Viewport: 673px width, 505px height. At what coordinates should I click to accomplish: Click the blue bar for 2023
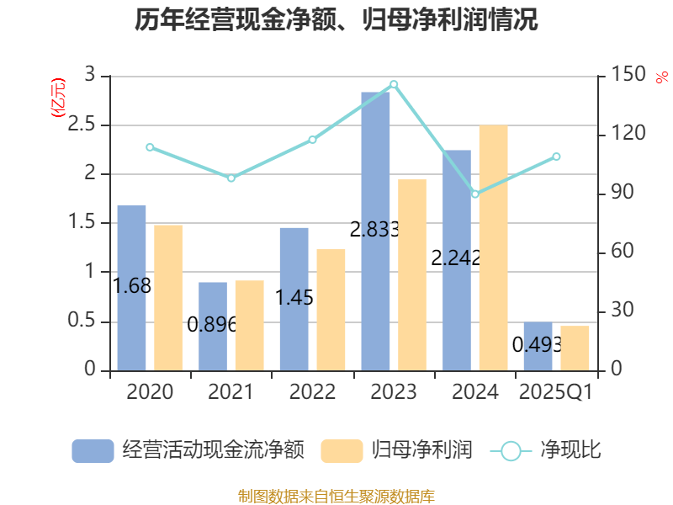[x=375, y=231]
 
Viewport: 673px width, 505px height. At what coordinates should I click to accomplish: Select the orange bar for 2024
[x=493, y=248]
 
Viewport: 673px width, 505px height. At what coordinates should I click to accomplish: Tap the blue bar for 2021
[x=213, y=327]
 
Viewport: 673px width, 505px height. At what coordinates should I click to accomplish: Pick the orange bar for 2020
[x=168, y=298]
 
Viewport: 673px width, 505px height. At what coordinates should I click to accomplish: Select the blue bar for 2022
[x=294, y=299]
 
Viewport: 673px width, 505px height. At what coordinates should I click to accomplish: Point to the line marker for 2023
[x=394, y=84]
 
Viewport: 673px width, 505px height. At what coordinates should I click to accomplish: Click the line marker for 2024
[x=475, y=194]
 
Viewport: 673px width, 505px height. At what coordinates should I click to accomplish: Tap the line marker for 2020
[x=150, y=147]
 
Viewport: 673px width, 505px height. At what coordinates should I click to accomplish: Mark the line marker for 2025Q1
[x=556, y=157]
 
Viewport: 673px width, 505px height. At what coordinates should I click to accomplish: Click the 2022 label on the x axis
[x=312, y=392]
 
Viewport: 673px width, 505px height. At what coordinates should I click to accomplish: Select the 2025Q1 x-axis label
[x=556, y=392]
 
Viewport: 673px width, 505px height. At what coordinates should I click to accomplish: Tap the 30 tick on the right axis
[x=620, y=311]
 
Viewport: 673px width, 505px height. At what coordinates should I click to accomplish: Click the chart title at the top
[x=336, y=19]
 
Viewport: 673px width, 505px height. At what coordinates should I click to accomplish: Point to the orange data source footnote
[x=336, y=496]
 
